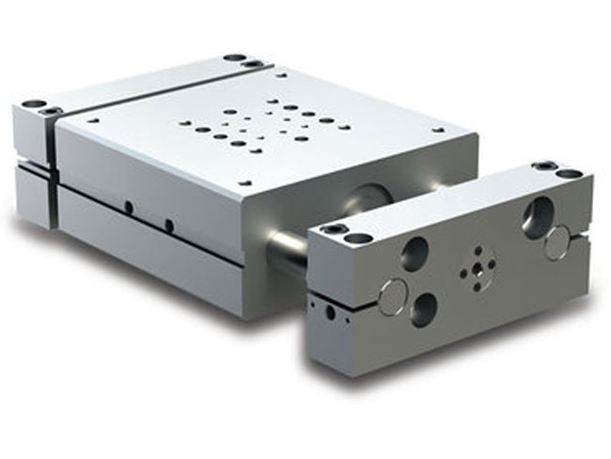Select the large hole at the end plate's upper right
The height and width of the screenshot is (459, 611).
coord(537,217)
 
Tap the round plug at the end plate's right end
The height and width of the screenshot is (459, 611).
coord(556,243)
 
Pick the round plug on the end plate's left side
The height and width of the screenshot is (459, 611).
coord(392,297)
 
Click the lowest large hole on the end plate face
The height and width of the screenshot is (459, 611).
coord(424,309)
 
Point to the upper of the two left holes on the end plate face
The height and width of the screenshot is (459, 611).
coord(415,254)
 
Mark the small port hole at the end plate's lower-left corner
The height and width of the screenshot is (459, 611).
coord(329,310)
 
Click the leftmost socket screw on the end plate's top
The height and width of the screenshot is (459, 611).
coord(335,229)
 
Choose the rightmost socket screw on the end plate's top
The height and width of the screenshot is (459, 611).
coord(570,173)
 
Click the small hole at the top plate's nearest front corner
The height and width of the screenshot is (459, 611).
coord(245,182)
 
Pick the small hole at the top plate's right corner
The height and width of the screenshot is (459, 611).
coord(438,130)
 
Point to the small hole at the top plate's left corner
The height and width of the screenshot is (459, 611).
coord(93,119)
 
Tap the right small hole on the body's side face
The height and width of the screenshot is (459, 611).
coord(169,225)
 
